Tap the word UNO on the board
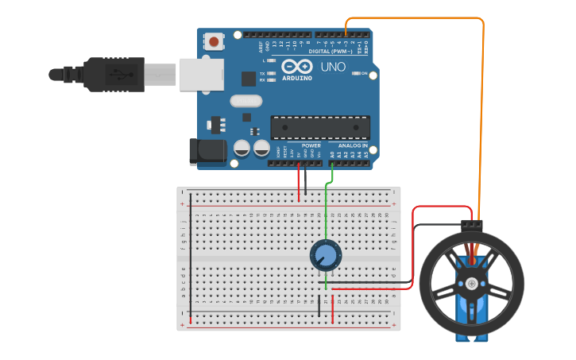pyautogui.click(x=333, y=67)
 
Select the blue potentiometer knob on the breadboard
pyautogui.click(x=325, y=255)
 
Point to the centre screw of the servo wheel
pyautogui.click(x=472, y=283)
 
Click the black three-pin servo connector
pyautogui.click(x=472, y=225)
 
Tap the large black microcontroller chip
pyautogui.click(x=320, y=127)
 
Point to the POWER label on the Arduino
pyautogui.click(x=311, y=146)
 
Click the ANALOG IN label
pyautogui.click(x=354, y=146)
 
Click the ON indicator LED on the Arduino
pyautogui.click(x=354, y=73)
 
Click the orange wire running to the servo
pyautogui.click(x=482, y=119)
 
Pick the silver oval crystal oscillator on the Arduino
pyautogui.click(x=245, y=101)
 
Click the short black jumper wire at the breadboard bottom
pyautogui.click(x=320, y=306)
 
